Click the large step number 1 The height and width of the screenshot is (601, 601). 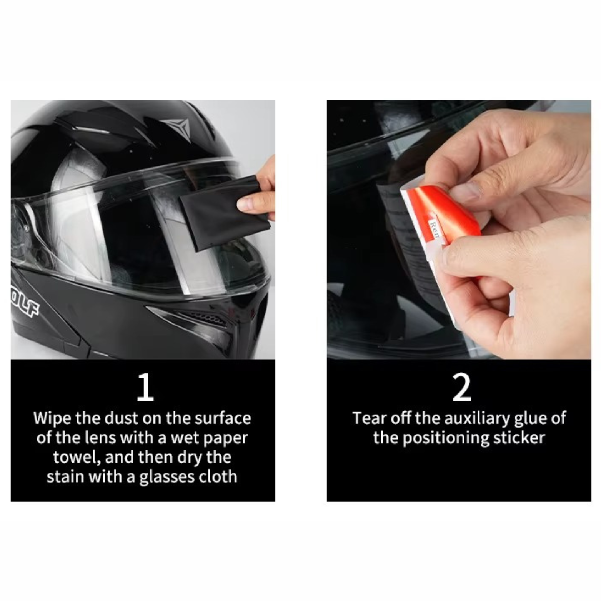[146, 387]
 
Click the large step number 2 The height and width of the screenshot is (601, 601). [461, 387]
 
